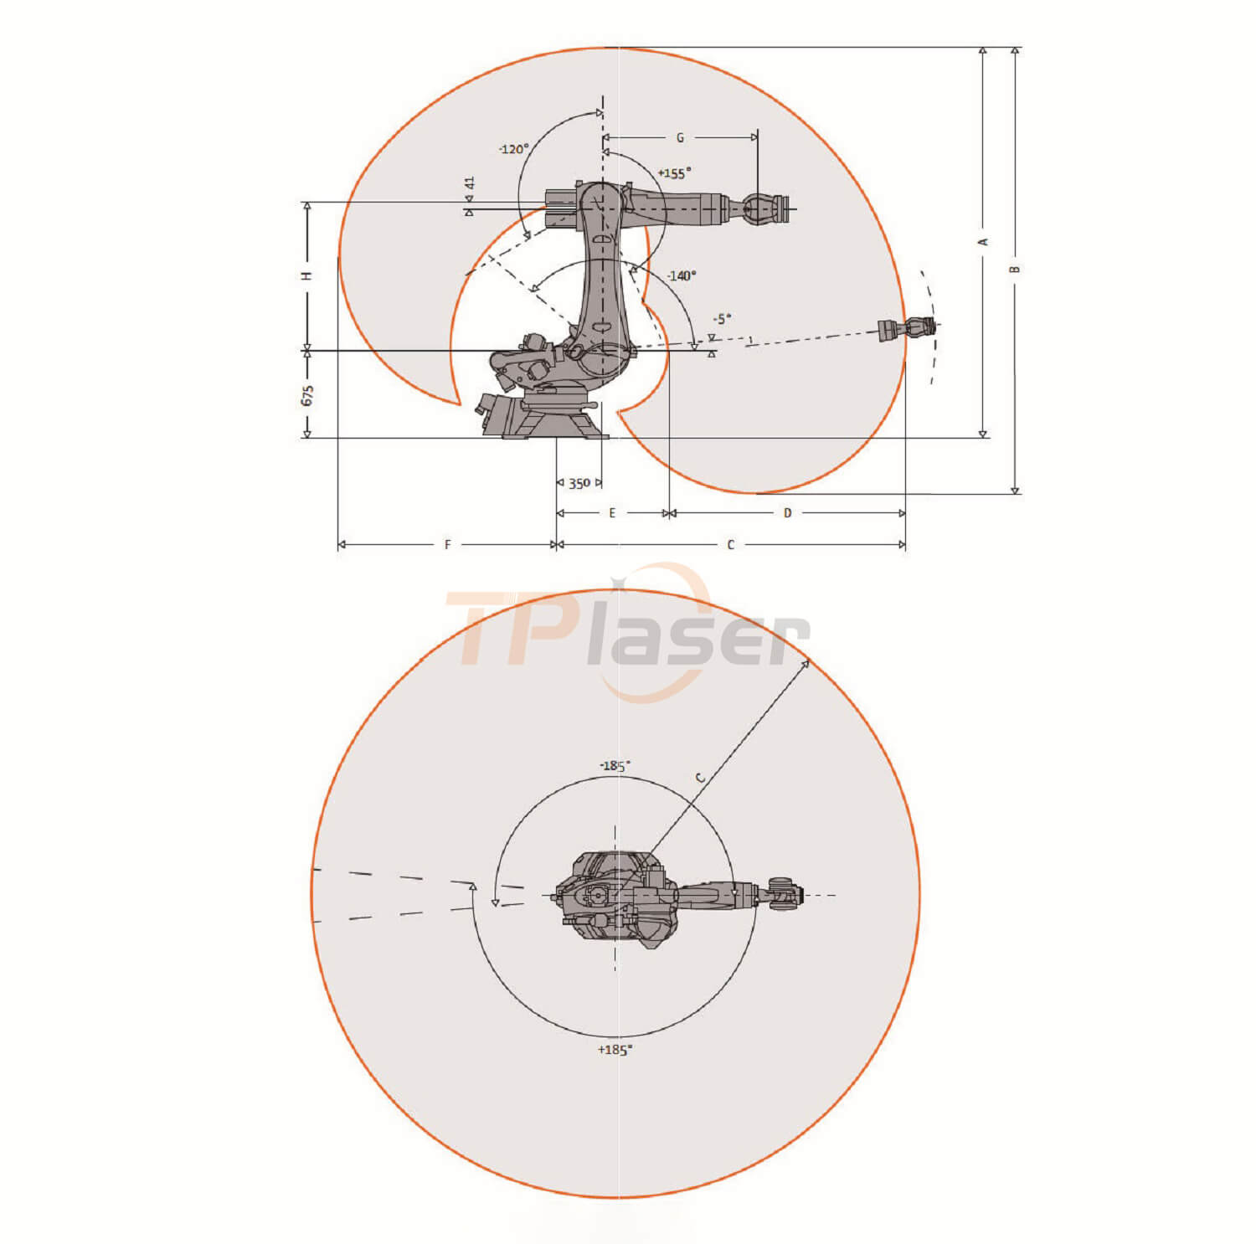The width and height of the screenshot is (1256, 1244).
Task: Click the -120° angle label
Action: click(513, 149)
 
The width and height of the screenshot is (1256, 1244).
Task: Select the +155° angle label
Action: click(674, 173)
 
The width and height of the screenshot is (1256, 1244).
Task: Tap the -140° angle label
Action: click(682, 275)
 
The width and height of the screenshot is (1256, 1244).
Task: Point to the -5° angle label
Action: click(722, 319)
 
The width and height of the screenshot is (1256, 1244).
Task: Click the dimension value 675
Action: click(307, 395)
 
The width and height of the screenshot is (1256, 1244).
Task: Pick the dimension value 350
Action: click(579, 483)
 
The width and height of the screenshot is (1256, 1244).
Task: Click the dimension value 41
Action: click(470, 182)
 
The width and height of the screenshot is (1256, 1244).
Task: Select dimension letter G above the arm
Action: click(680, 137)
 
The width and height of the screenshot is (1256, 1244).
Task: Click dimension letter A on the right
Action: click(984, 242)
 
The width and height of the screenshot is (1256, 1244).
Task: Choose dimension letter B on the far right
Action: click(1015, 270)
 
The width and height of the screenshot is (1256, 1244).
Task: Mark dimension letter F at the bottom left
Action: click(447, 545)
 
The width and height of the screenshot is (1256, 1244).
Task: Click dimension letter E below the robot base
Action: click(612, 513)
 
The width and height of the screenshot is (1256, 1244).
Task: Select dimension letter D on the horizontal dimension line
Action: click(787, 513)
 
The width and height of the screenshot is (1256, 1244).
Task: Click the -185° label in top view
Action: click(615, 766)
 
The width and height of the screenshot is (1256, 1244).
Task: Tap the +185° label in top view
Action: click(615, 1050)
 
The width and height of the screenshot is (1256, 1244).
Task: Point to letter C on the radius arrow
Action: click(701, 778)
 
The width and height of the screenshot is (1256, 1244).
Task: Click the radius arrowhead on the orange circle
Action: click(806, 663)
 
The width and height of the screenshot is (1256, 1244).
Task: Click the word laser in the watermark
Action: click(699, 642)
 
